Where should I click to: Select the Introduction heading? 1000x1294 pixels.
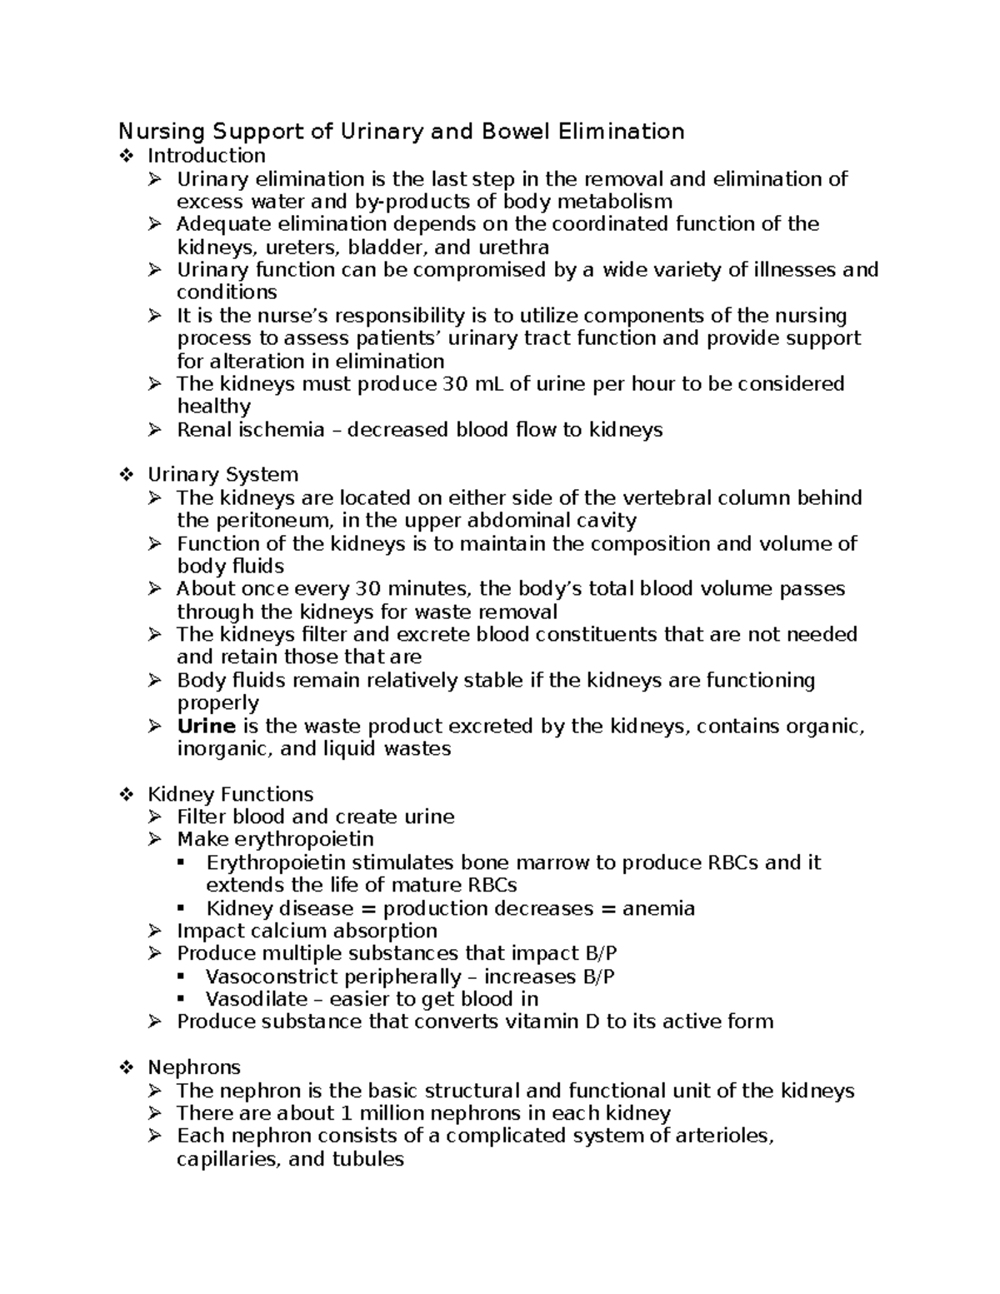pyautogui.click(x=207, y=156)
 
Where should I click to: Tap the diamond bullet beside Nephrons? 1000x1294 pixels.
pyautogui.click(x=127, y=1067)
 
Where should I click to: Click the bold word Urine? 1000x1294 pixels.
pyautogui.click(x=207, y=726)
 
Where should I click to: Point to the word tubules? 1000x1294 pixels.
pyautogui.click(x=367, y=1159)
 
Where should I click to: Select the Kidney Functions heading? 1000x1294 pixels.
pyautogui.click(x=230, y=794)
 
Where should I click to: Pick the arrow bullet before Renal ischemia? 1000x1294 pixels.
pyautogui.click(x=156, y=430)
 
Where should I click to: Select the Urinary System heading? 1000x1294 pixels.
pyautogui.click(x=222, y=475)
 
